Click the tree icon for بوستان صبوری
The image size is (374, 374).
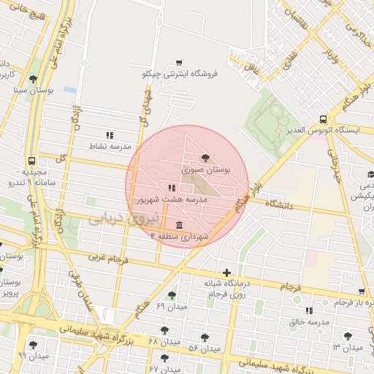(204, 156)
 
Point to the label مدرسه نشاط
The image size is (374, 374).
(109, 147)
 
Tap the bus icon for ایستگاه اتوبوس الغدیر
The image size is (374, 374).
(323, 119)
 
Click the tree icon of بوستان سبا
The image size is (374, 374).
(32, 80)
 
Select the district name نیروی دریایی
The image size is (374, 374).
(112, 218)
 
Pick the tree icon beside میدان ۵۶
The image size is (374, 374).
(205, 337)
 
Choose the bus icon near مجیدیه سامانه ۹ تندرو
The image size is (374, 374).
(31, 161)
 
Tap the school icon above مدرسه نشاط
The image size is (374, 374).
(110, 135)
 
